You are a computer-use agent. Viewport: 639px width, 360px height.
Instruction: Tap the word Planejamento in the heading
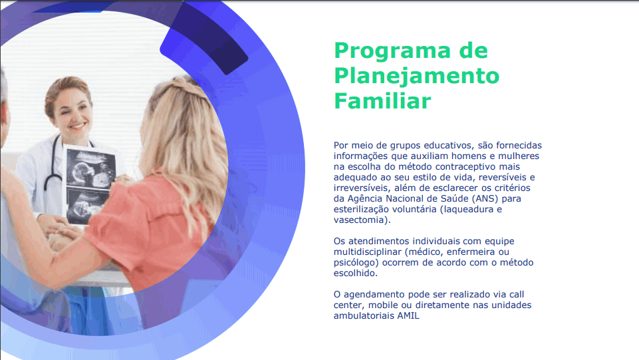pyautogui.click(x=416, y=77)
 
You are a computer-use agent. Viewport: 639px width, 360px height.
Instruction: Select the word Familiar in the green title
pyautogui.click(x=382, y=100)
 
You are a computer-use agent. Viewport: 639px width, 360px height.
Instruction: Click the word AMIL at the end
pyautogui.click(x=408, y=315)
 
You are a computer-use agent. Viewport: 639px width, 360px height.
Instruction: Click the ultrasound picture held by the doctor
pyautogui.click(x=90, y=184)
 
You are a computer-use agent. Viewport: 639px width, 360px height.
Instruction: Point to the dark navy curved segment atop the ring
pyautogui.click(x=203, y=37)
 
